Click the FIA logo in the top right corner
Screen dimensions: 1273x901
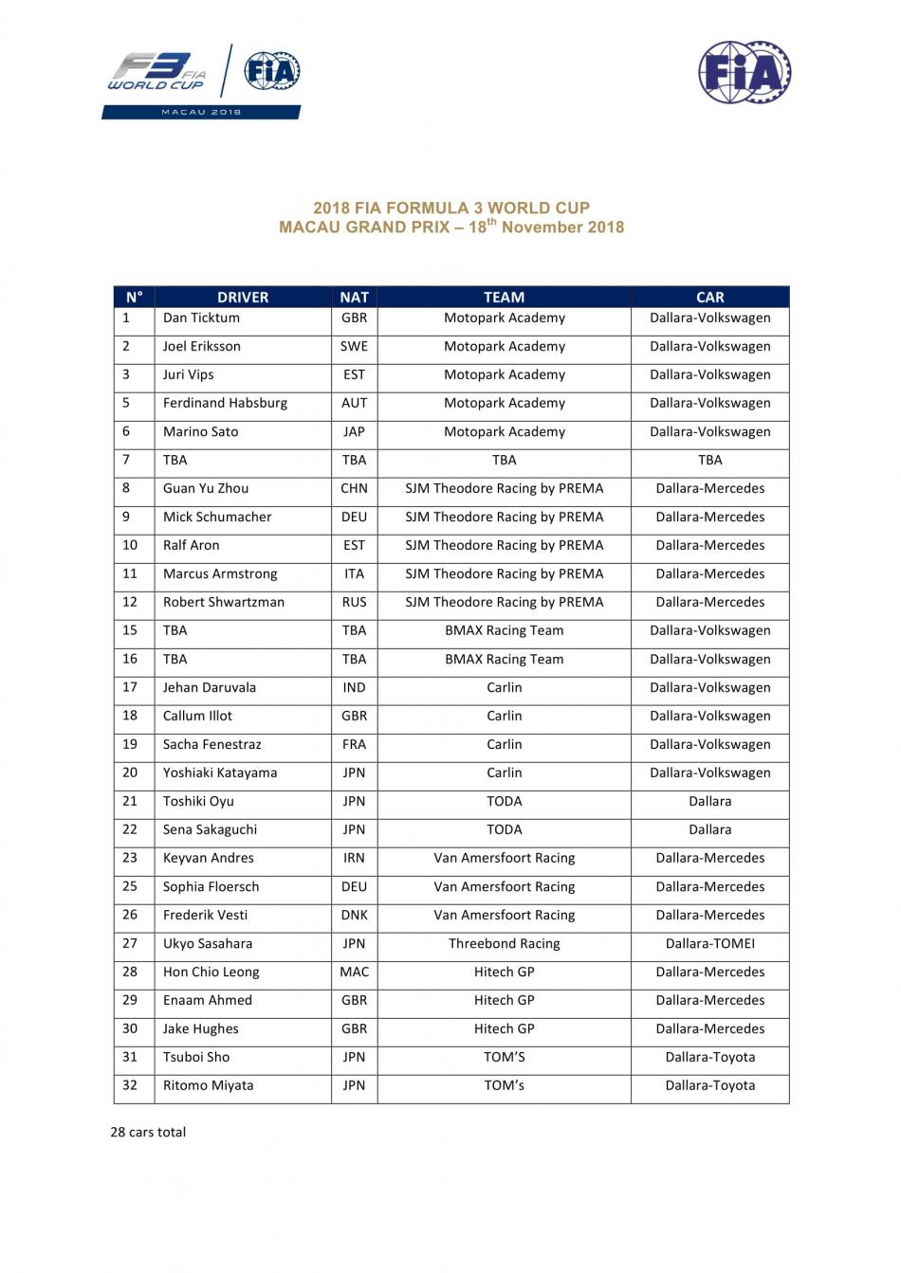tap(745, 72)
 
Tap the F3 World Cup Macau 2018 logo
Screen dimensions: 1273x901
tap(202, 82)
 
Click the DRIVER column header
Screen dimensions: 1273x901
tap(243, 297)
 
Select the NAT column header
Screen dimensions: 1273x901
tap(354, 297)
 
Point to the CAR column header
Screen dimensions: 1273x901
tap(709, 297)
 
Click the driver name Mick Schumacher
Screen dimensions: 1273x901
tap(217, 517)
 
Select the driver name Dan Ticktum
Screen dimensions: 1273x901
tap(201, 318)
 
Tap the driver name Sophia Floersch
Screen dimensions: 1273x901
tap(211, 886)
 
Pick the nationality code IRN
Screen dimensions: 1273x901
tap(354, 858)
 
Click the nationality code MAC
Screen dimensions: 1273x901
tap(354, 972)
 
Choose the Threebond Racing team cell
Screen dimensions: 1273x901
tap(504, 943)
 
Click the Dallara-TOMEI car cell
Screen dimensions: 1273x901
tap(709, 943)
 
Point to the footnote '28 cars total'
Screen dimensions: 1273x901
tap(148, 1132)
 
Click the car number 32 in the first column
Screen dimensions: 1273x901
tap(130, 1085)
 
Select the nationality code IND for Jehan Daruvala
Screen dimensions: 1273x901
tap(354, 687)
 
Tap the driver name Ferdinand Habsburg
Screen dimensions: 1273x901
tap(225, 403)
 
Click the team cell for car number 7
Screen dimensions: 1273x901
tap(504, 460)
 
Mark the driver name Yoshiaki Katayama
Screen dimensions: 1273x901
tap(220, 773)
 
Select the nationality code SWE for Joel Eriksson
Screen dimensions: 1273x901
tap(354, 346)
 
